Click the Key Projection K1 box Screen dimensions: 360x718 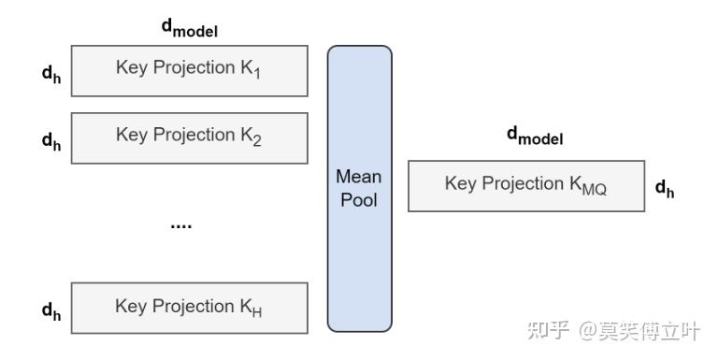189,71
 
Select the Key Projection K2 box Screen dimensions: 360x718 189,137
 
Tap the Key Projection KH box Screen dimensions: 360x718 189,308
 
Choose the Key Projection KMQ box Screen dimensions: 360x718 526,185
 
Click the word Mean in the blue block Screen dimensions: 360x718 359,177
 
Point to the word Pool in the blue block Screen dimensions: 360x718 359,200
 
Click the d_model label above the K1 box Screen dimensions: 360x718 190,29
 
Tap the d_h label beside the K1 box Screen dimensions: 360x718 51,73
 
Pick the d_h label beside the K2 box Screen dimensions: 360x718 51,140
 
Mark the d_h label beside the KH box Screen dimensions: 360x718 51,310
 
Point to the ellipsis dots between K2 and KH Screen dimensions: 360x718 180,225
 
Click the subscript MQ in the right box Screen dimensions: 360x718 595,190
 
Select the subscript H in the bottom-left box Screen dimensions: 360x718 256,312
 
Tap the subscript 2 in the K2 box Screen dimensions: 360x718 256,141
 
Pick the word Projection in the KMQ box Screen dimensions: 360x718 520,183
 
